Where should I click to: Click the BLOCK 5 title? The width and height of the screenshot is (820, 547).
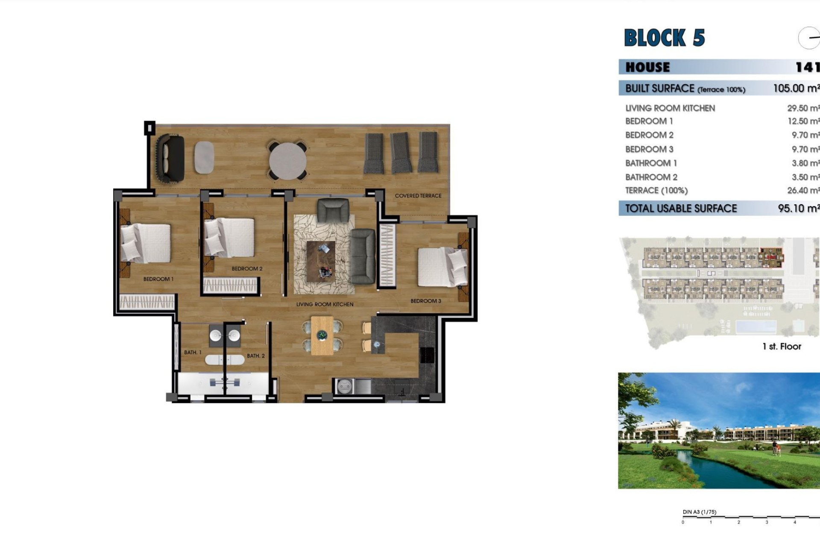(664, 38)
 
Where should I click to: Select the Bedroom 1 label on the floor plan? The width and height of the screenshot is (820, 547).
(158, 279)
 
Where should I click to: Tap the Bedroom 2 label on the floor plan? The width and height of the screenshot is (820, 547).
(247, 269)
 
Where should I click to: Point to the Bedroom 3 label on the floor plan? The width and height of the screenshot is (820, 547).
(425, 301)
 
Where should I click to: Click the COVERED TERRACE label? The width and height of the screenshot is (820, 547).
(418, 196)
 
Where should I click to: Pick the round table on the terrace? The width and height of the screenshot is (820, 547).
(287, 161)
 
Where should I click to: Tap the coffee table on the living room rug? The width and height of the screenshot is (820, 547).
(321, 261)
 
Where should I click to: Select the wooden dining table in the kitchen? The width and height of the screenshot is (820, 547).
(322, 335)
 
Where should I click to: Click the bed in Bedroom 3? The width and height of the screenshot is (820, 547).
(442, 267)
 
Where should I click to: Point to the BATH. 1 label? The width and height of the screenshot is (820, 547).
(193, 353)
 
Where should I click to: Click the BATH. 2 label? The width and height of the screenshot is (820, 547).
(255, 356)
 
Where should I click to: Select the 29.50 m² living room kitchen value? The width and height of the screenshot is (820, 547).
(803, 108)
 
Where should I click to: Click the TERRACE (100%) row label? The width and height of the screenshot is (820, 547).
(656, 191)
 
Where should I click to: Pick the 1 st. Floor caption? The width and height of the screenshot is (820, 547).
(782, 347)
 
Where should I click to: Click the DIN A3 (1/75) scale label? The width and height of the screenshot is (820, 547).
(699, 512)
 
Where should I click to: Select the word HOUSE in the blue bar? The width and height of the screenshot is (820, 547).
(647, 67)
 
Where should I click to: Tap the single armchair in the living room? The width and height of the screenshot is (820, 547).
(333, 210)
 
